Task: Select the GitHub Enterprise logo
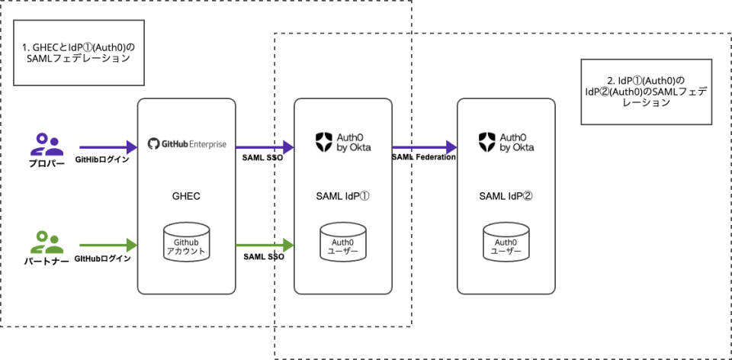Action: [x=186, y=143]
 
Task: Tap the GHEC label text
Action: [x=186, y=195]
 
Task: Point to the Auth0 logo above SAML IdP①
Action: [x=342, y=142]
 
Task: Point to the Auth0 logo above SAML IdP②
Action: [x=506, y=142]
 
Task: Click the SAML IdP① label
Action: [x=342, y=195]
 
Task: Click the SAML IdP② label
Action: [x=506, y=195]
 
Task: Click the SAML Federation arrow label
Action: [x=423, y=157]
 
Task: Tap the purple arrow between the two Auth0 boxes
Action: [x=423, y=146]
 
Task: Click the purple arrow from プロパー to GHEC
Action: [x=107, y=146]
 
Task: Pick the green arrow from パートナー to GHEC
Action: [x=107, y=245]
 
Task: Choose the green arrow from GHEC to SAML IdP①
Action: [x=264, y=245]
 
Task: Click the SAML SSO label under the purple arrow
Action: [x=264, y=158]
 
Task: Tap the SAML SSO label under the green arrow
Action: [x=264, y=257]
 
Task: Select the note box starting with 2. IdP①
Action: [x=646, y=92]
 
